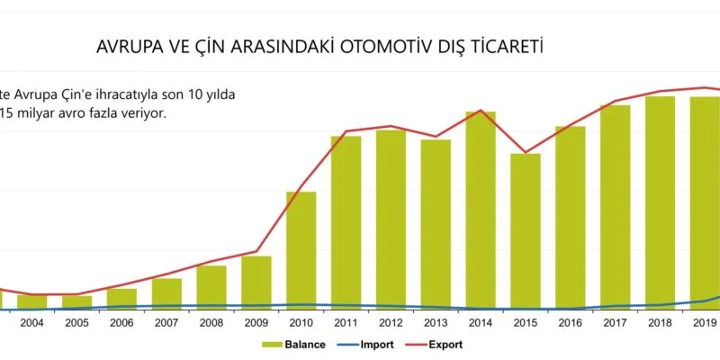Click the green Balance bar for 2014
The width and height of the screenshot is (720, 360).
click(481, 211)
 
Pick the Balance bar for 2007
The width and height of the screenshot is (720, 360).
click(166, 292)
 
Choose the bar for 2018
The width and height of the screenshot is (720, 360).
click(660, 202)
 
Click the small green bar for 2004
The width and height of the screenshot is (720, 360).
click(31, 301)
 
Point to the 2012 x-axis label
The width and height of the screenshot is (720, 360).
click(391, 322)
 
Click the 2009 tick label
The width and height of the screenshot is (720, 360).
click(256, 322)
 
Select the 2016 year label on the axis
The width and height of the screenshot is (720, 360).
click(571, 322)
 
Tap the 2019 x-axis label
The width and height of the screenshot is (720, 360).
click(705, 322)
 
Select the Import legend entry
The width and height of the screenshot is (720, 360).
click(373, 345)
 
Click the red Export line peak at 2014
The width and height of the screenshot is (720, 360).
click(481, 111)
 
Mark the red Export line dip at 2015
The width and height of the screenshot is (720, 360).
click(526, 152)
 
